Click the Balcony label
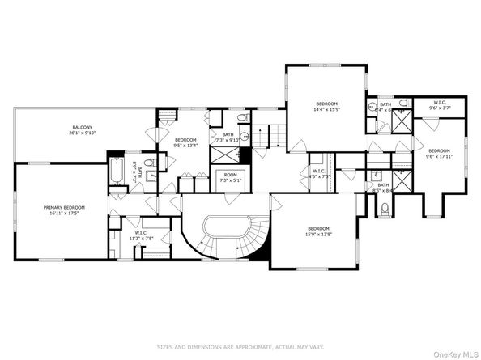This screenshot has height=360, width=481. (82, 127)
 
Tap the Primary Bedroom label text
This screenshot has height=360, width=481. (64, 207)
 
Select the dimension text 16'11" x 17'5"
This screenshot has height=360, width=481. (64, 213)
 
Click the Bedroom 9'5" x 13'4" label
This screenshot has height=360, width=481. (185, 143)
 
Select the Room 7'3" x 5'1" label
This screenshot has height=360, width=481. (230, 177)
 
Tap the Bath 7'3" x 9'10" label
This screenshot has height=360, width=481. (228, 138)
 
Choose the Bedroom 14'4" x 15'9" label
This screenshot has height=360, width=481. (326, 107)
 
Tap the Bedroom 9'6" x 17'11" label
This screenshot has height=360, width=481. (438, 154)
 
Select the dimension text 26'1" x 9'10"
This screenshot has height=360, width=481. (82, 133)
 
